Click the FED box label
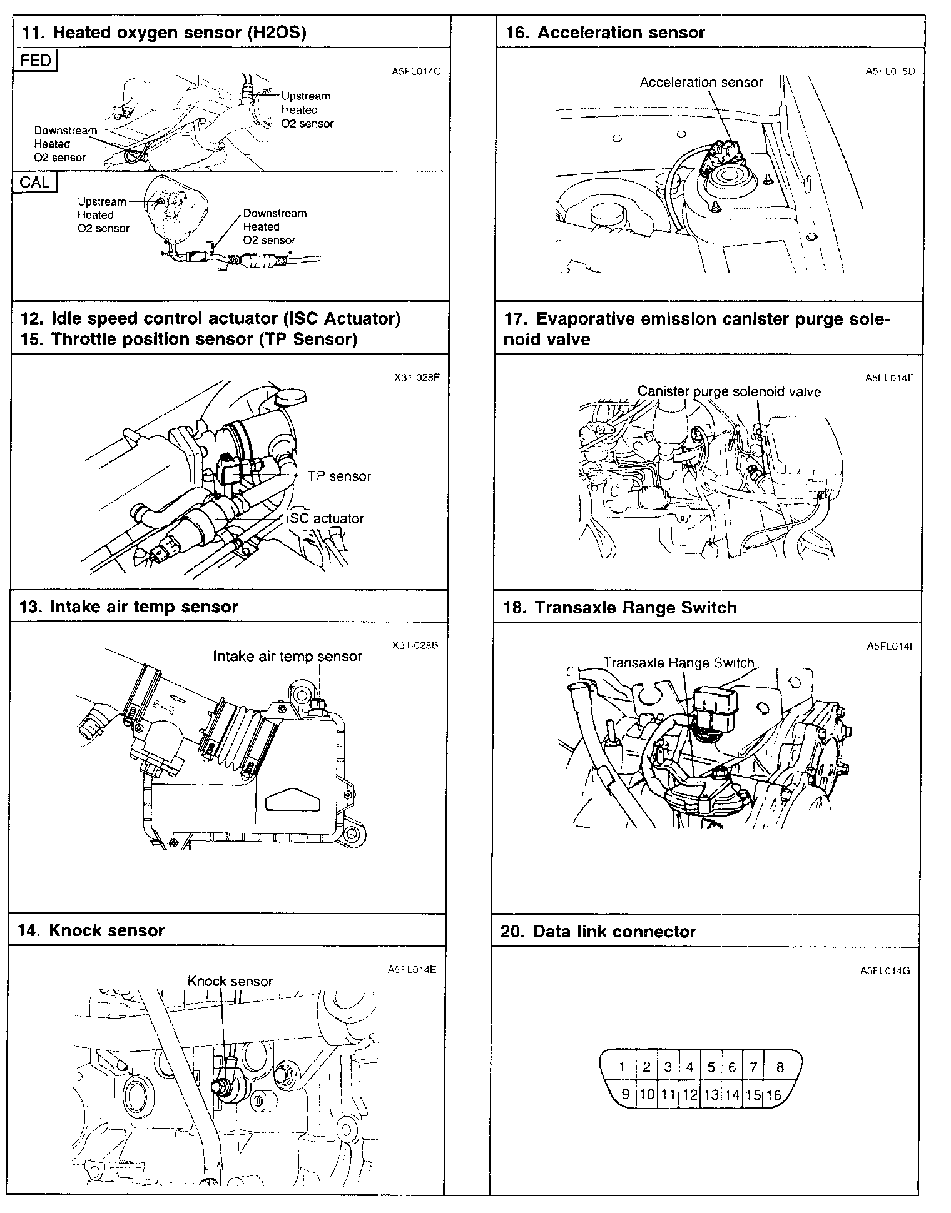tap(36, 61)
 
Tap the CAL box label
tap(34, 182)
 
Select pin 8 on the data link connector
tap(780, 1067)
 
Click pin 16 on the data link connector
tap(774, 1095)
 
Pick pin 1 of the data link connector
tap(622, 1067)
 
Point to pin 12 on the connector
tap(689, 1095)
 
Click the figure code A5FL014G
tap(885, 971)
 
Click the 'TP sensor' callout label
tap(339, 476)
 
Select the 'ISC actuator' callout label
tap(325, 518)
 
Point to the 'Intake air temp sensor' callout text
tap(287, 656)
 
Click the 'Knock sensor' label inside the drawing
tap(230, 981)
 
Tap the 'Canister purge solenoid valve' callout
tap(729, 391)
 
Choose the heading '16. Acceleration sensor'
tap(605, 33)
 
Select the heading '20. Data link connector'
tap(598, 932)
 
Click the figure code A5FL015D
tap(890, 71)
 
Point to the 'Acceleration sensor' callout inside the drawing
tap(701, 83)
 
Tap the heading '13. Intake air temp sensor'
tap(129, 606)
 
